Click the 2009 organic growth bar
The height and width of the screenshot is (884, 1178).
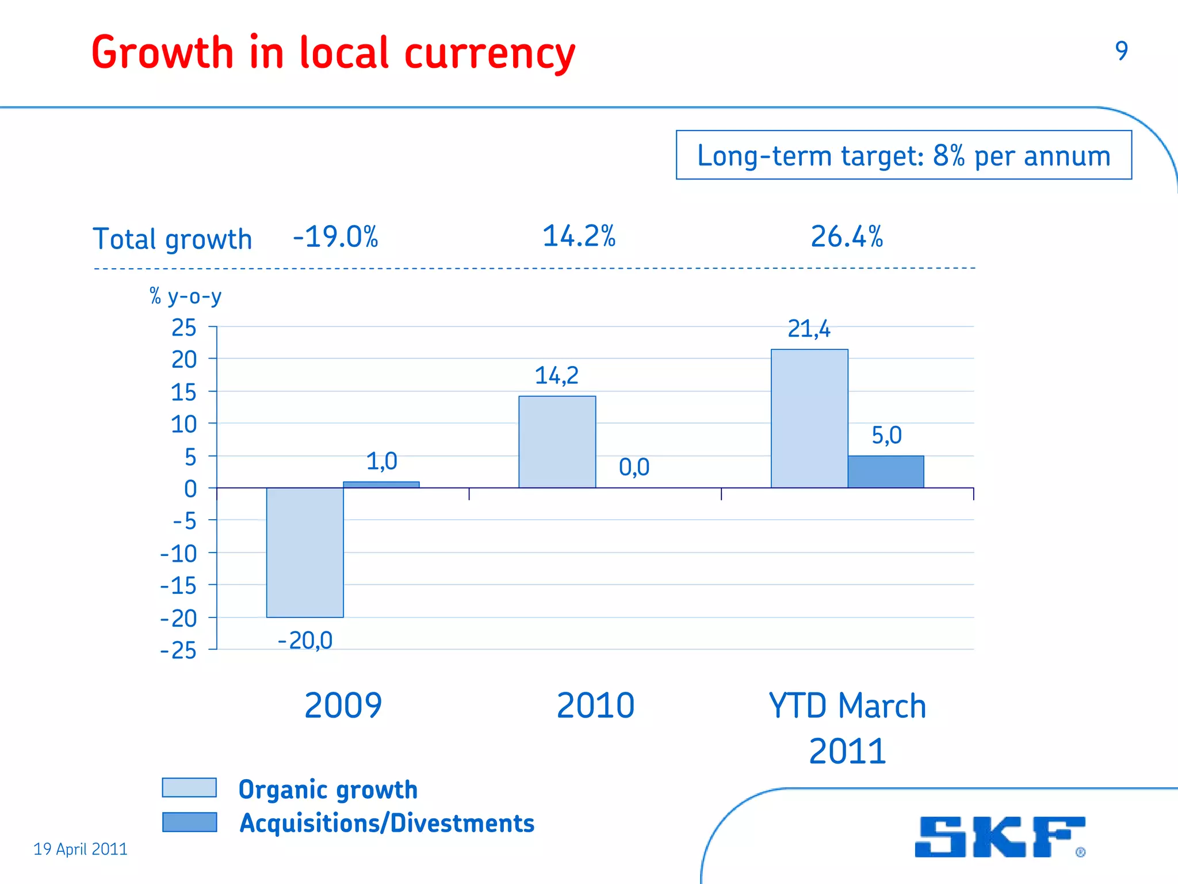tap(305, 552)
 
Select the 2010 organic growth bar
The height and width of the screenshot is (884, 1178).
tap(557, 442)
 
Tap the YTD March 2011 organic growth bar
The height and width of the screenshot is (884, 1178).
tap(809, 418)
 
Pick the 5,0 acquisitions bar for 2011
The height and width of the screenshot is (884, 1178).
tap(886, 472)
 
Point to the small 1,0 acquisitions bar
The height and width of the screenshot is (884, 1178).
tap(381, 485)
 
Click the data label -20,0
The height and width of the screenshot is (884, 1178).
tap(305, 641)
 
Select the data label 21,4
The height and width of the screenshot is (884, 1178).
tap(809, 329)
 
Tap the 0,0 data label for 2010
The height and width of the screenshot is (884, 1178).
tap(634, 467)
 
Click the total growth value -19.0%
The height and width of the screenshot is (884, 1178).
tap(335, 237)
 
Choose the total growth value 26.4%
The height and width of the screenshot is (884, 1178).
tap(847, 237)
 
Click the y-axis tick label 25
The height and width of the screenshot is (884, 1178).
tap(184, 328)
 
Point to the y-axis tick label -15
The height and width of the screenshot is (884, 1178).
tap(178, 586)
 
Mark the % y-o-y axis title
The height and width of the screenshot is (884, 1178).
tap(185, 296)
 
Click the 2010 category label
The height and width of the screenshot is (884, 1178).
tap(595, 706)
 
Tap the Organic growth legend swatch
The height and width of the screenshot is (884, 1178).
tap(189, 787)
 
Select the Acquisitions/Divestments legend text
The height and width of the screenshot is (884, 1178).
tap(387, 823)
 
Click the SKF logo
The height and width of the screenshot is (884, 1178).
tap(1000, 837)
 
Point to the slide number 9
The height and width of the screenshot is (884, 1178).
tap(1121, 51)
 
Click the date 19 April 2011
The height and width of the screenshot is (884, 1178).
tap(81, 849)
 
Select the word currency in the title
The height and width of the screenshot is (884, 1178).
tap(489, 54)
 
